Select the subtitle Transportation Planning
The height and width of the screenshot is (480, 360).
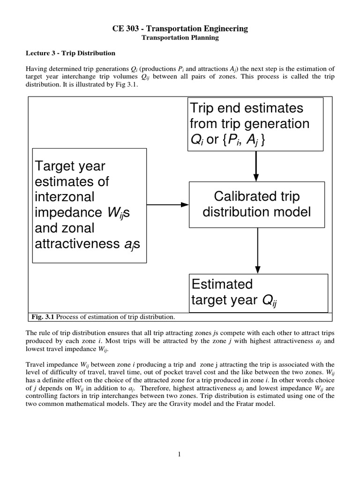click(180, 37)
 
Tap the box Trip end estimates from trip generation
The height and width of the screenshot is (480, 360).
click(255, 124)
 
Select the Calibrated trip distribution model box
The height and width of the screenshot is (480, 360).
click(256, 204)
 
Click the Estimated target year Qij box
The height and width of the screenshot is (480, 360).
click(258, 292)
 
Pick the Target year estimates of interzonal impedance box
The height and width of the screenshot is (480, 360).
click(89, 206)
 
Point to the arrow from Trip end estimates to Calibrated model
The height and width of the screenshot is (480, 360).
click(256, 166)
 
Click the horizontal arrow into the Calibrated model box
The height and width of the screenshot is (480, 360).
click(168, 204)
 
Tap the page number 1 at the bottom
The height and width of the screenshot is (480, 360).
click(180, 454)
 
